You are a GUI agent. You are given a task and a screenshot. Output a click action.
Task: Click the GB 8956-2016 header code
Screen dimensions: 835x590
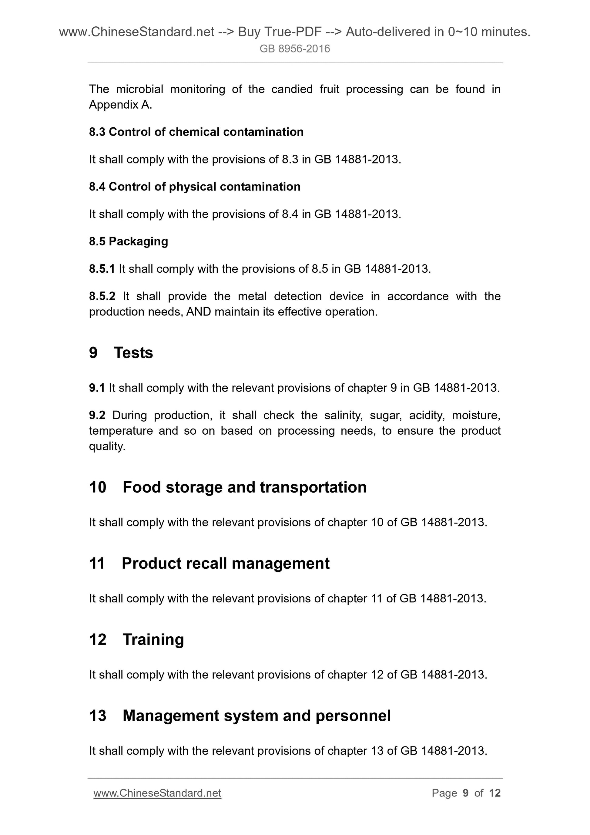tap(294, 49)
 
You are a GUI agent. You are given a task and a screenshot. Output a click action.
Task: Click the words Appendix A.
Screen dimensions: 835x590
tap(120, 105)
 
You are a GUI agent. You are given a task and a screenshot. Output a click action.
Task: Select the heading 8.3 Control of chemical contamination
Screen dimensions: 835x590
tap(196, 132)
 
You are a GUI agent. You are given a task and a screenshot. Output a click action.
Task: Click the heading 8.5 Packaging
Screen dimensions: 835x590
tap(128, 241)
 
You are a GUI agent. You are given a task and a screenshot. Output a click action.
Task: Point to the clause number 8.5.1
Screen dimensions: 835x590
tap(102, 269)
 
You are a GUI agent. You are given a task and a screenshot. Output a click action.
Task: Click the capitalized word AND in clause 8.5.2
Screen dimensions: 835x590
tap(199, 312)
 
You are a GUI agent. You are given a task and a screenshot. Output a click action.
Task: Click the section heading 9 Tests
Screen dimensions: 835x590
tap(121, 353)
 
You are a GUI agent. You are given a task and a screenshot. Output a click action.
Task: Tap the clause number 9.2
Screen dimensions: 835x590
tap(97, 415)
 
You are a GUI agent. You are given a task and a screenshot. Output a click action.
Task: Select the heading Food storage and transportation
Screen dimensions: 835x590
tap(244, 487)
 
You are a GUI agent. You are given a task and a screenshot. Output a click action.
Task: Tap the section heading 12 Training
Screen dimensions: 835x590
tap(136, 639)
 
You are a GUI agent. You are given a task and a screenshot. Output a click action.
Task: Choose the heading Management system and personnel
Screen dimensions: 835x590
tap(257, 715)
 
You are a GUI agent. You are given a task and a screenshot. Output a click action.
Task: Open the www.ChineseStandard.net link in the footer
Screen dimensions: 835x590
tap(157, 793)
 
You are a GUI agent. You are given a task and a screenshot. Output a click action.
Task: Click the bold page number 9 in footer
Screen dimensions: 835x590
tap(465, 793)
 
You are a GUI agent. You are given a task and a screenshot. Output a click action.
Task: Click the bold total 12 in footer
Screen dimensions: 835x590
tap(495, 793)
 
